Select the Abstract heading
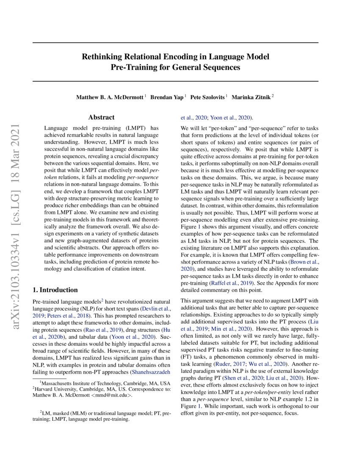pos(101,117)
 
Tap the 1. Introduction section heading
pos(55,290)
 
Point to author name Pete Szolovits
pos(207,97)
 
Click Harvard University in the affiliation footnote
pos(56,389)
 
